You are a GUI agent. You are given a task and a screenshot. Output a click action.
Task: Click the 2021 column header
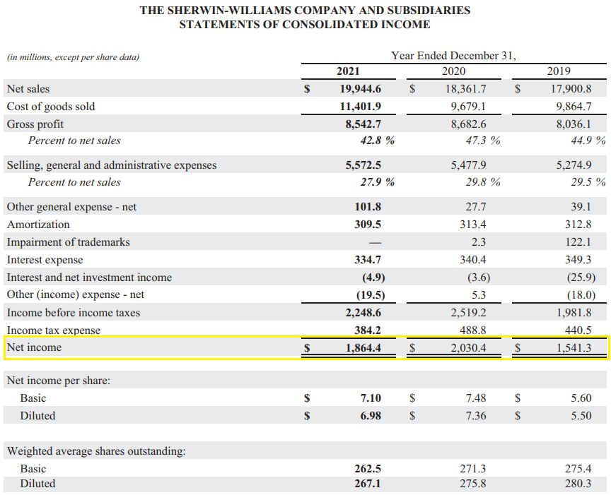click(x=347, y=71)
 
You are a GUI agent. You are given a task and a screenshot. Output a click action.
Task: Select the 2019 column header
click(x=559, y=71)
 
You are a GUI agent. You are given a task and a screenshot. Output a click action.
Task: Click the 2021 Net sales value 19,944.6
click(x=361, y=89)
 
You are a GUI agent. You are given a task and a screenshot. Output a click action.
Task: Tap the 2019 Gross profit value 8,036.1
click(x=572, y=124)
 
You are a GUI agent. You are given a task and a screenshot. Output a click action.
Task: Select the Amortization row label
click(x=38, y=225)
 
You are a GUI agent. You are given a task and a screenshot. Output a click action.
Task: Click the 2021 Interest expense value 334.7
click(x=367, y=260)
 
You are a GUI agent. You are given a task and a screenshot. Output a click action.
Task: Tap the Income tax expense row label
click(x=54, y=330)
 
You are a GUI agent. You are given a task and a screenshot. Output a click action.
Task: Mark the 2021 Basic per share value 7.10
click(x=371, y=398)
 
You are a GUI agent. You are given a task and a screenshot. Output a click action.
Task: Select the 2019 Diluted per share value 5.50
click(x=581, y=416)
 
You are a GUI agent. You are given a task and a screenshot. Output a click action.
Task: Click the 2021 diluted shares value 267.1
click(x=367, y=484)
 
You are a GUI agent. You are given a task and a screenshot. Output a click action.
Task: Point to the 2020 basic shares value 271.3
click(x=472, y=469)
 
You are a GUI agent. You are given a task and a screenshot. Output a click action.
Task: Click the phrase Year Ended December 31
click(x=453, y=56)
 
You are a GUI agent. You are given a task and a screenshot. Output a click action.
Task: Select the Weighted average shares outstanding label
click(x=96, y=451)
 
